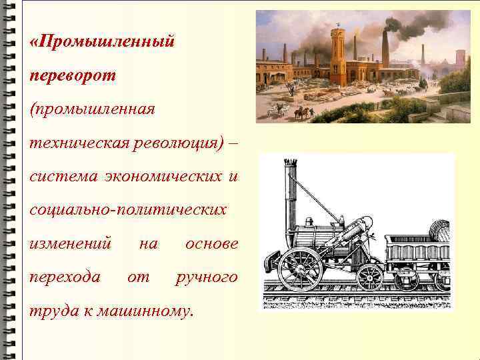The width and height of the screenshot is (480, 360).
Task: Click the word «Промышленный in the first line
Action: (103, 41)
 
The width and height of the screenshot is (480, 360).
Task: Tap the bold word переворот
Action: (73, 75)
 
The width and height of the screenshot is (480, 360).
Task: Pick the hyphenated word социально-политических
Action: (128, 210)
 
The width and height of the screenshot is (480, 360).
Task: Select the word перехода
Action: (65, 277)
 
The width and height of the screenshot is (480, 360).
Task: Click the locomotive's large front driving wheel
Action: (300, 268)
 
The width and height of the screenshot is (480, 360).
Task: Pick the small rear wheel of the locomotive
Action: (370, 276)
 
